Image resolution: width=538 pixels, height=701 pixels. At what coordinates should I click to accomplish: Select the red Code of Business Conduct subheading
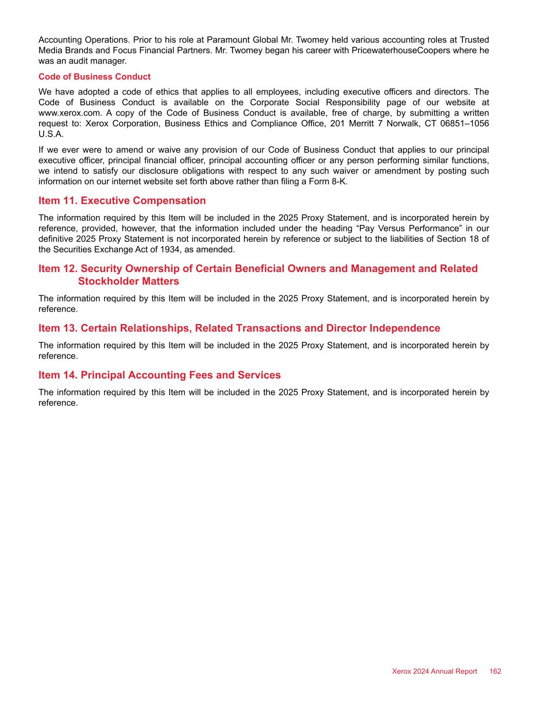point(94,77)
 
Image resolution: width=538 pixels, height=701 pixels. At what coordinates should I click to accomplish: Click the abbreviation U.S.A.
point(51,134)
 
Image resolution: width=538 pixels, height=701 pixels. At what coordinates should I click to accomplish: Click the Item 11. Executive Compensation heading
point(122,201)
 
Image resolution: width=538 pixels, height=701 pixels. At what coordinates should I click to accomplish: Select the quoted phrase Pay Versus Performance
point(401,228)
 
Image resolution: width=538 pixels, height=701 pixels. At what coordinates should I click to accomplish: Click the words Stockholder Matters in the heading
point(128,281)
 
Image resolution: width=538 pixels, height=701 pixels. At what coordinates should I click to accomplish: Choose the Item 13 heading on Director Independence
point(239,328)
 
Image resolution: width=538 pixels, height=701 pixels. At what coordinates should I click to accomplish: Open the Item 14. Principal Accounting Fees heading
point(160,375)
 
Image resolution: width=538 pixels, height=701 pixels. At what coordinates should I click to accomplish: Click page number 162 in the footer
point(495,671)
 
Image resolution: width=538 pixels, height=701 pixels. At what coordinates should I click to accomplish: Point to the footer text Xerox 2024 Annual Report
point(434,671)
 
